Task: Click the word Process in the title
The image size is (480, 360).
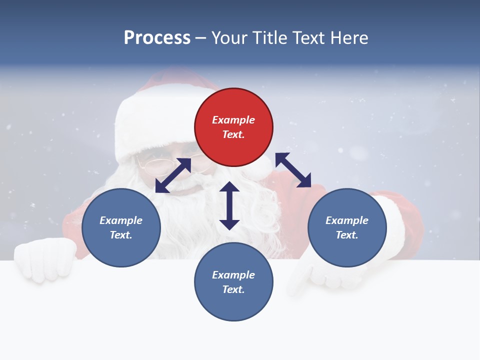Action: coord(157,38)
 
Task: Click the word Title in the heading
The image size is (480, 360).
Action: coord(267,38)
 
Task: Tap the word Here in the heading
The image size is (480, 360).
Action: coord(348,38)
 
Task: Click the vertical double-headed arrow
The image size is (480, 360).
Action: coord(229,205)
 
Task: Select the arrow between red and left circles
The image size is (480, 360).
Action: coord(173,175)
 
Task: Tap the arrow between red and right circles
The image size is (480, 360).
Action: coord(293,170)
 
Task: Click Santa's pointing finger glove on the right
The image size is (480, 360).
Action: coord(305,277)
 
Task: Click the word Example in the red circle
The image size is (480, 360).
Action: coord(233,120)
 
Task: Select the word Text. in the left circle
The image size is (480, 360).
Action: coord(121,235)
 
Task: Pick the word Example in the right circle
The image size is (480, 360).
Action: coord(347,220)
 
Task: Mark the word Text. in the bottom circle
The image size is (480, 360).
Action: coord(233,289)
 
